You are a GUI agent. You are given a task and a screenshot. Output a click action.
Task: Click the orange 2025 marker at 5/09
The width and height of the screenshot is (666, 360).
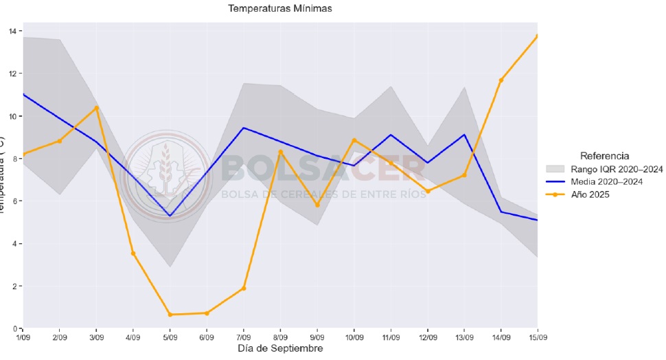[x=170, y=315]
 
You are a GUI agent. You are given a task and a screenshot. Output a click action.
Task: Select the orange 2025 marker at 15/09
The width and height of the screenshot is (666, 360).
[x=537, y=36]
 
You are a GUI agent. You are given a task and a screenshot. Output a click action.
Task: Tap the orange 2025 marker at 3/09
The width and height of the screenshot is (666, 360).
[x=97, y=108]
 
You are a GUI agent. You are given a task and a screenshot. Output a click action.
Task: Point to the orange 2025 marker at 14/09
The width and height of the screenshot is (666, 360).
[x=501, y=80]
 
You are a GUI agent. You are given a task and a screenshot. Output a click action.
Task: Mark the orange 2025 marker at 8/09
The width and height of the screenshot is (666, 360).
[x=280, y=152]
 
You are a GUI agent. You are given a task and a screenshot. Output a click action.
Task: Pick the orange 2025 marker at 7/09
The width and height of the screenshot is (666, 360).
[x=244, y=288]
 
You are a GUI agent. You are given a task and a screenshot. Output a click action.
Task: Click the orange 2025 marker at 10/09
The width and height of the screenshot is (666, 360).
[x=354, y=140]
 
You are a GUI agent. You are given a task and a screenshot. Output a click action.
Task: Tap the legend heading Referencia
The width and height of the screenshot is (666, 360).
[x=604, y=156]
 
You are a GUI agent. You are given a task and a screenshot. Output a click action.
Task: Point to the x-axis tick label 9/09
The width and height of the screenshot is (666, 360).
[x=317, y=337]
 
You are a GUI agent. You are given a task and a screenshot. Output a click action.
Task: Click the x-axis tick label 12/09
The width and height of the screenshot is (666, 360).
[x=427, y=337]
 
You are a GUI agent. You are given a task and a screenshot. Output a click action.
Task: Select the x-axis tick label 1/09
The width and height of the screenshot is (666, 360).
[x=23, y=337]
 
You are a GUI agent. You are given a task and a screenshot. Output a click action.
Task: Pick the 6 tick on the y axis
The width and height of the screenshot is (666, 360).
[x=15, y=201]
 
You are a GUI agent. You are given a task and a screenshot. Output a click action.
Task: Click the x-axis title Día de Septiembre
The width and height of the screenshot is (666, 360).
[x=279, y=348]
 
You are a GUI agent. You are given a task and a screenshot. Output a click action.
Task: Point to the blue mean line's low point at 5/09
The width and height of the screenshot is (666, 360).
[x=170, y=216]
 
